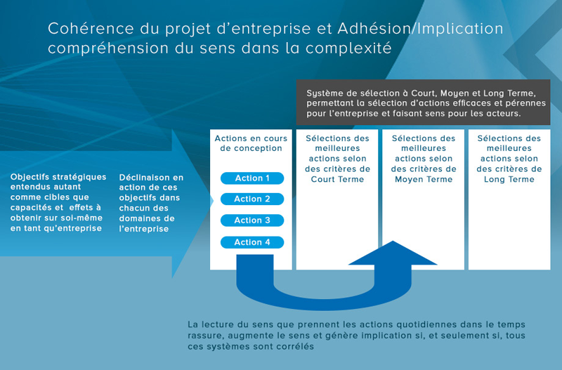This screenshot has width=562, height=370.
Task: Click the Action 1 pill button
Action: (x=252, y=178)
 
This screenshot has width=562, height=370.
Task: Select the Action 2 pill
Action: (x=252, y=199)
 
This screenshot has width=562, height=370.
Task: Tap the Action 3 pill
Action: (x=252, y=220)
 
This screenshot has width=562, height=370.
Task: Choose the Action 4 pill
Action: (x=252, y=242)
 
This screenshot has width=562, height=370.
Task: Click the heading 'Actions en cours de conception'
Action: (x=251, y=143)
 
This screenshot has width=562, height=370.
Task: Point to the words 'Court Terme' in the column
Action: (x=337, y=179)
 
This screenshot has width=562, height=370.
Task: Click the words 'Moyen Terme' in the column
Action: (x=424, y=179)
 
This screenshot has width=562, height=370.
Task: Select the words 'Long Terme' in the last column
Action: (x=509, y=179)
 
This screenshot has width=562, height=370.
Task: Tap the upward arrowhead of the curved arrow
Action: (x=393, y=253)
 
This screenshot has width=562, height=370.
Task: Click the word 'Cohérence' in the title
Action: (x=91, y=29)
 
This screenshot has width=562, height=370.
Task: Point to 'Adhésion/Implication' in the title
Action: (x=420, y=29)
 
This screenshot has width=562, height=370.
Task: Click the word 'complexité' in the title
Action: (x=348, y=48)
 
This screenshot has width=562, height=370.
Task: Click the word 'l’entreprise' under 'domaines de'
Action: (x=144, y=228)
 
